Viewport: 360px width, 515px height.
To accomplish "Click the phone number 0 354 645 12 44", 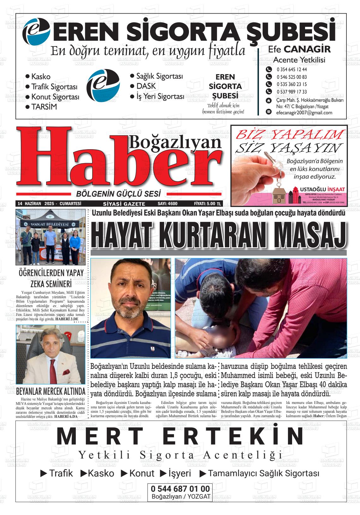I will click(x=287, y=70).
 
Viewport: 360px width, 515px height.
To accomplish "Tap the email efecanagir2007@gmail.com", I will click(x=304, y=113).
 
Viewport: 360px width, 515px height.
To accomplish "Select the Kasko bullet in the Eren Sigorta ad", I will click(x=41, y=77).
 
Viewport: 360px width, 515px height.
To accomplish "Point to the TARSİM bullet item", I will click(x=44, y=107).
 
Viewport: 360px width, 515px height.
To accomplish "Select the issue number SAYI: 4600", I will click(x=167, y=204).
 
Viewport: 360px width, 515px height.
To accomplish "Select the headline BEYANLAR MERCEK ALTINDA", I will click(x=51, y=392).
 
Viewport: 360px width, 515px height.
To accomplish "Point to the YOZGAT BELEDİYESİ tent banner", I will click(x=50, y=224).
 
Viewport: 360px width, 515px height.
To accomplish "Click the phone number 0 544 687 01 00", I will click(x=180, y=489).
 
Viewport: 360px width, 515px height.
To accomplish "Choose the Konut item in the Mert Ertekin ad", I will click(x=142, y=473).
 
